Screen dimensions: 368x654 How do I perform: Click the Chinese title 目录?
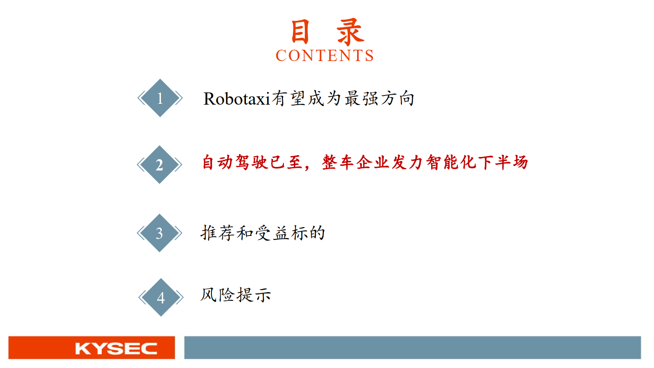click(326, 32)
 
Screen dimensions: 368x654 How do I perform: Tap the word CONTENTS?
click(325, 56)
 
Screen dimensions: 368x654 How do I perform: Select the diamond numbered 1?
click(160, 98)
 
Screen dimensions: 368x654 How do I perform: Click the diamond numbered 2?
click(160, 165)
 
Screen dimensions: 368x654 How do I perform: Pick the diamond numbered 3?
click(160, 233)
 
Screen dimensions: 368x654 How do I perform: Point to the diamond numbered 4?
click(161, 297)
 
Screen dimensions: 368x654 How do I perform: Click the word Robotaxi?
click(237, 99)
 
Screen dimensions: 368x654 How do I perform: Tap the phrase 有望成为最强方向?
click(343, 99)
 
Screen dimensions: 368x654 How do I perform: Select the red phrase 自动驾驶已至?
click(252, 163)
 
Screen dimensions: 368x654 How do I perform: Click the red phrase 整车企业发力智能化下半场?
click(425, 163)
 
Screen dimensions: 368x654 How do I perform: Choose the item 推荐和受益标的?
click(263, 233)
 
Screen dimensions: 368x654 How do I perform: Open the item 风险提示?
click(236, 295)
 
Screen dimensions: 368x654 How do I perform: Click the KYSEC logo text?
click(116, 348)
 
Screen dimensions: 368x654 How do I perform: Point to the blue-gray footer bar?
click(412, 348)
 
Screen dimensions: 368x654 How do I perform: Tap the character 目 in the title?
click(300, 32)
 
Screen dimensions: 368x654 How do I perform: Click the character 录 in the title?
click(350, 32)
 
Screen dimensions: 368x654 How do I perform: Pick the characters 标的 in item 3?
click(308, 233)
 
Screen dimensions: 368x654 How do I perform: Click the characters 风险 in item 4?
click(218, 295)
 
